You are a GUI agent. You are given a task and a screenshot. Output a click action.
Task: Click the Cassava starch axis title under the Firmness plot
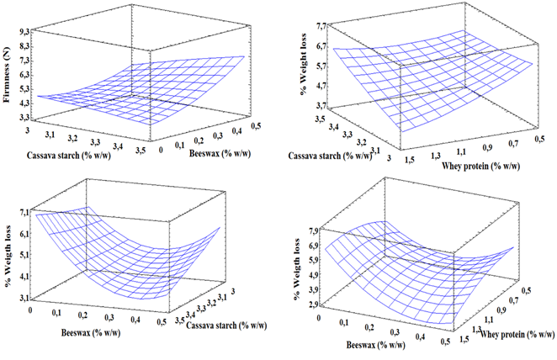pyautogui.click(x=58, y=155)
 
